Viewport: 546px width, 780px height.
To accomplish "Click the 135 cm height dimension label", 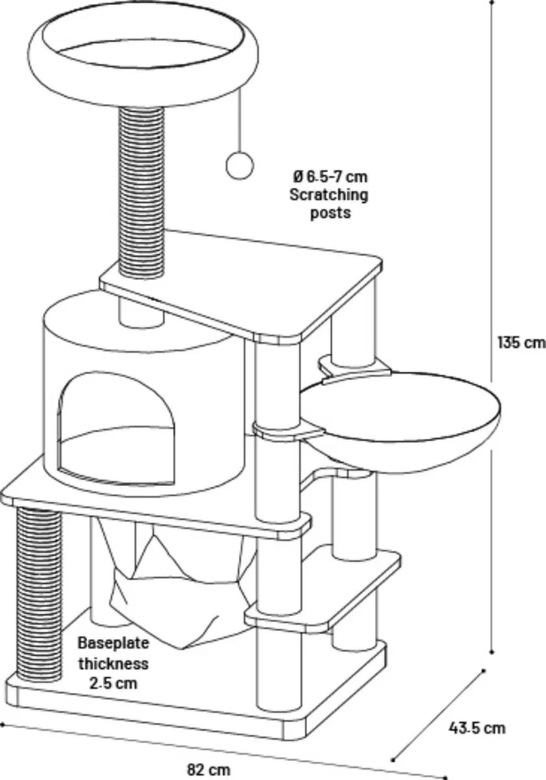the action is pyautogui.click(x=521, y=343).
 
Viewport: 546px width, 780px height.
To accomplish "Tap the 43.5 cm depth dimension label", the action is pyautogui.click(x=476, y=728).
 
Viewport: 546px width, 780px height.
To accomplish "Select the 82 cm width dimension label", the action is pyautogui.click(x=209, y=770).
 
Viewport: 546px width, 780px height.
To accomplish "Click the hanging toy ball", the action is pyautogui.click(x=239, y=166).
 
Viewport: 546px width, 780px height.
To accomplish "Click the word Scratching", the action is pyautogui.click(x=329, y=195).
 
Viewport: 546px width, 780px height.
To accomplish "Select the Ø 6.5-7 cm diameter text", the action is pyautogui.click(x=330, y=177).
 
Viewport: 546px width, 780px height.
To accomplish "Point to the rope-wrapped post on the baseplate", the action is pyautogui.click(x=39, y=595).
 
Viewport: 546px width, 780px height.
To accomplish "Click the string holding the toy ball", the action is pyautogui.click(x=239, y=120).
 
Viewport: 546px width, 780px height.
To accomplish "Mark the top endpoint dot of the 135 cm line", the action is pyautogui.click(x=492, y=2).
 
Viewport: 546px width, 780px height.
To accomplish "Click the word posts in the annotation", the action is pyautogui.click(x=330, y=213).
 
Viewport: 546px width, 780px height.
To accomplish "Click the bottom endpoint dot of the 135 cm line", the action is pyautogui.click(x=492, y=652).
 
